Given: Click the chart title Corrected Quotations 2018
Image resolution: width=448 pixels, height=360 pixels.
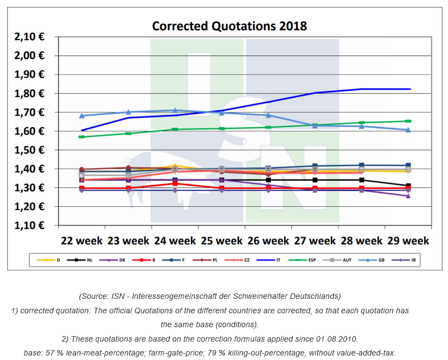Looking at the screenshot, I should (229, 26).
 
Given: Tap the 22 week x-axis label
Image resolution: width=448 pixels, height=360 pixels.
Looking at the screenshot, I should (82, 241).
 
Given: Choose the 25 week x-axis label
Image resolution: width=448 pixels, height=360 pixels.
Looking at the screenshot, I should (222, 241).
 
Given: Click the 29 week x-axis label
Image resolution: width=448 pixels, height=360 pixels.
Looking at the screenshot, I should (407, 241).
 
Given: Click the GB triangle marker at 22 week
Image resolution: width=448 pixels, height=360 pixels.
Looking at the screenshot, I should (82, 116).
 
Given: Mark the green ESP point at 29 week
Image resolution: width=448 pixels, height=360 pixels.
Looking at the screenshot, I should (407, 121).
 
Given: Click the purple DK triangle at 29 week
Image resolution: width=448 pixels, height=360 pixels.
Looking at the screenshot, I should (407, 196).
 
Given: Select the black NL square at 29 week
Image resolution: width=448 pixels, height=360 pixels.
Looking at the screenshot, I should (407, 186).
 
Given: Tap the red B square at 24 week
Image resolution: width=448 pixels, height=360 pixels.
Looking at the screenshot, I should (175, 183).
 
